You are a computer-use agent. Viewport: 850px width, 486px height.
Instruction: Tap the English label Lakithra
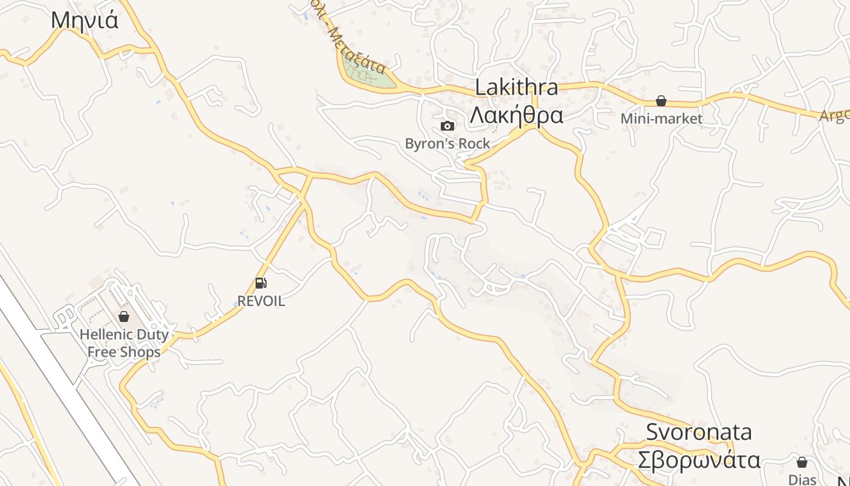516,87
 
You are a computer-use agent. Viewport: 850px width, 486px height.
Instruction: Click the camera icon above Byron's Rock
447,126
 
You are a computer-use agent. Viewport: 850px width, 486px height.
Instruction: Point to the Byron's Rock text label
447,144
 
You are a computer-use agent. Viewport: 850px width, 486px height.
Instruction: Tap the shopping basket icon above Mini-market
661,101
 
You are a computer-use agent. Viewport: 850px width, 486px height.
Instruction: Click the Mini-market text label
661,118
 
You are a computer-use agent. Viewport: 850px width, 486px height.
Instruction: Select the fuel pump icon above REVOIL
260,282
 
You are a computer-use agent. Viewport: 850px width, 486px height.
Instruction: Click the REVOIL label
260,301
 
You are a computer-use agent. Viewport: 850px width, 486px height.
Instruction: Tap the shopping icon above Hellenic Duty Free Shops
124,316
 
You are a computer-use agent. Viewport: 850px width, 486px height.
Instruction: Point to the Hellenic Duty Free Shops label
124,343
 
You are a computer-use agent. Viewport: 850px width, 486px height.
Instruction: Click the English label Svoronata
699,432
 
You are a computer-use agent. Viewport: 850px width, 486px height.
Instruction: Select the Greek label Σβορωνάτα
699,459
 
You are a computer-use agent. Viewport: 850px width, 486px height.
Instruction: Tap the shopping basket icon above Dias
802,462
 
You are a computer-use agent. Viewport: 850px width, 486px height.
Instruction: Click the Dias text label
802,479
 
